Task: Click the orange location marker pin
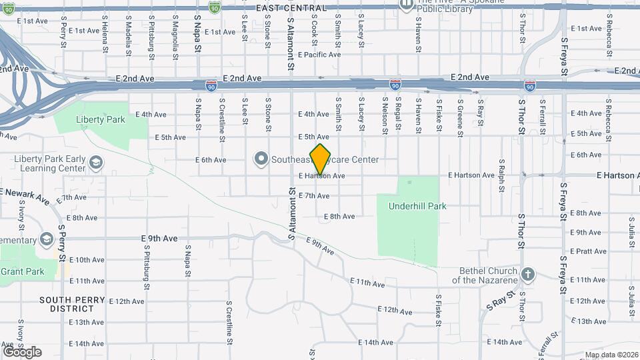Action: coord(321,159)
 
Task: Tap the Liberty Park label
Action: coord(101,120)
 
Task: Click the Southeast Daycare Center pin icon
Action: coord(261,159)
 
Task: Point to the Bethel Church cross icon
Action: coord(527,275)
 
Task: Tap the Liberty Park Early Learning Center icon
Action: coord(96,163)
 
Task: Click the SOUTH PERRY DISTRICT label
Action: coord(72,304)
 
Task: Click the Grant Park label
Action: coord(22,271)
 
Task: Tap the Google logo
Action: coord(22,352)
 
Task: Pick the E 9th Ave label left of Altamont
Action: coord(159,238)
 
